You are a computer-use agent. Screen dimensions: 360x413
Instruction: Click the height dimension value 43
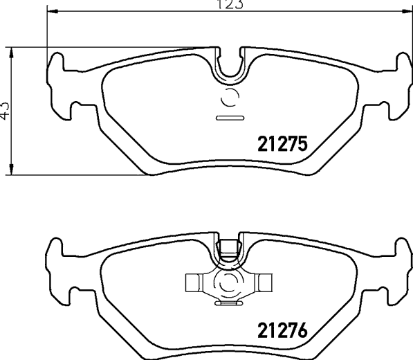coord(5,110)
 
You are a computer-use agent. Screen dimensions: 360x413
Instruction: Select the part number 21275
coord(282,144)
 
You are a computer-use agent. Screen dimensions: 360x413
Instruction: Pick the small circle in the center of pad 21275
coord(229,98)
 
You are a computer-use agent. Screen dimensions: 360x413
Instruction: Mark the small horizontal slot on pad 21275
coord(228,118)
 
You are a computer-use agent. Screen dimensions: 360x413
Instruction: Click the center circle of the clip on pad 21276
coord(228,282)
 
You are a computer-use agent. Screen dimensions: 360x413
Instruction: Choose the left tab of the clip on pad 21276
coord(194,282)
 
